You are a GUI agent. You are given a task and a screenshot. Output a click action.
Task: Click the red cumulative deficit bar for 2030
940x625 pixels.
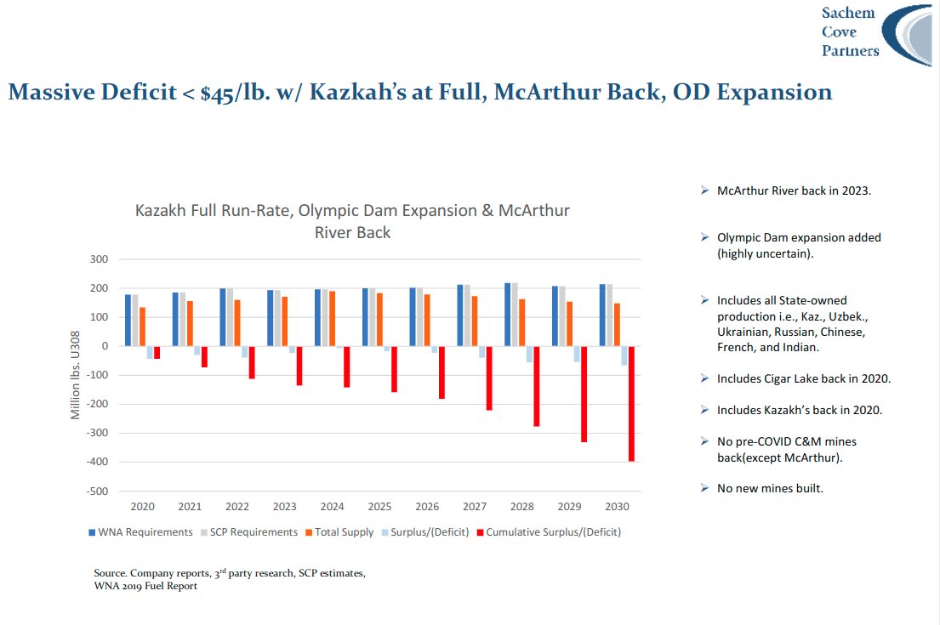(x=631, y=404)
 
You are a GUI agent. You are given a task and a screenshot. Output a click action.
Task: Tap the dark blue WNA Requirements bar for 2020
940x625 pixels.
(x=128, y=321)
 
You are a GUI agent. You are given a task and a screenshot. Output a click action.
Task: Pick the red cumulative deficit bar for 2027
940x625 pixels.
(x=489, y=378)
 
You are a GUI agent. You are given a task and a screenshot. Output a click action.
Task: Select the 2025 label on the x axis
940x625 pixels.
(x=379, y=507)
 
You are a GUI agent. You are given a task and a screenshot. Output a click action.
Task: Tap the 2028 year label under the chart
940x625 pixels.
(x=522, y=507)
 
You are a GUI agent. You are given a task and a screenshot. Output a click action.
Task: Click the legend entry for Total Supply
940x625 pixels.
(x=344, y=532)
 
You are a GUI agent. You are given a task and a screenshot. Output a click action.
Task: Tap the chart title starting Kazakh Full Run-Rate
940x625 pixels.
(x=352, y=220)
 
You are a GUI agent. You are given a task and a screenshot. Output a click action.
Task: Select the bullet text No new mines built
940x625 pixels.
(x=770, y=488)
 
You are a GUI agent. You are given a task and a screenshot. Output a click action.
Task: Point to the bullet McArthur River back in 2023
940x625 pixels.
(x=794, y=190)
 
